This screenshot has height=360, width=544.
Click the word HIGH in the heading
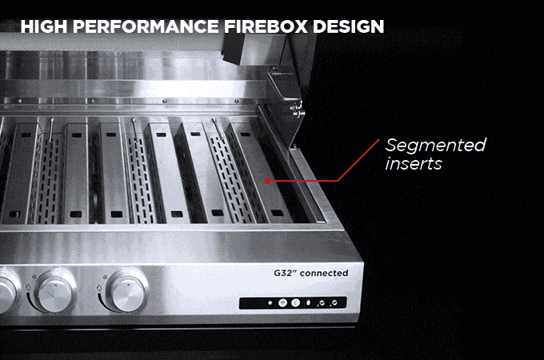click(44, 26)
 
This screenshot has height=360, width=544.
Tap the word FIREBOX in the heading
click(266, 26)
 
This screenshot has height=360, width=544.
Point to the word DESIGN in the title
click(348, 26)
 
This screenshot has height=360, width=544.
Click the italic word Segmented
click(436, 146)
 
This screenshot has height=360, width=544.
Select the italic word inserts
click(414, 163)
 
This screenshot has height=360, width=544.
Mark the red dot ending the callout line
click(267, 181)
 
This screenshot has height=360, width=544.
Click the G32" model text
click(285, 273)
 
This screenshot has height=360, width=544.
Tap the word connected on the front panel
click(324, 274)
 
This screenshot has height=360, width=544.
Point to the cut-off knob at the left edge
click(6, 292)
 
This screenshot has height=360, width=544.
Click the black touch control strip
click(293, 302)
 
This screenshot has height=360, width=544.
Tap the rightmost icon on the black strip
click(334, 302)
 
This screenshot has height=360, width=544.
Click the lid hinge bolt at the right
click(296, 110)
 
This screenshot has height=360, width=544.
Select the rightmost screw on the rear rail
click(237, 102)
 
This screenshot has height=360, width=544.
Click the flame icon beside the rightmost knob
click(99, 288)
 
